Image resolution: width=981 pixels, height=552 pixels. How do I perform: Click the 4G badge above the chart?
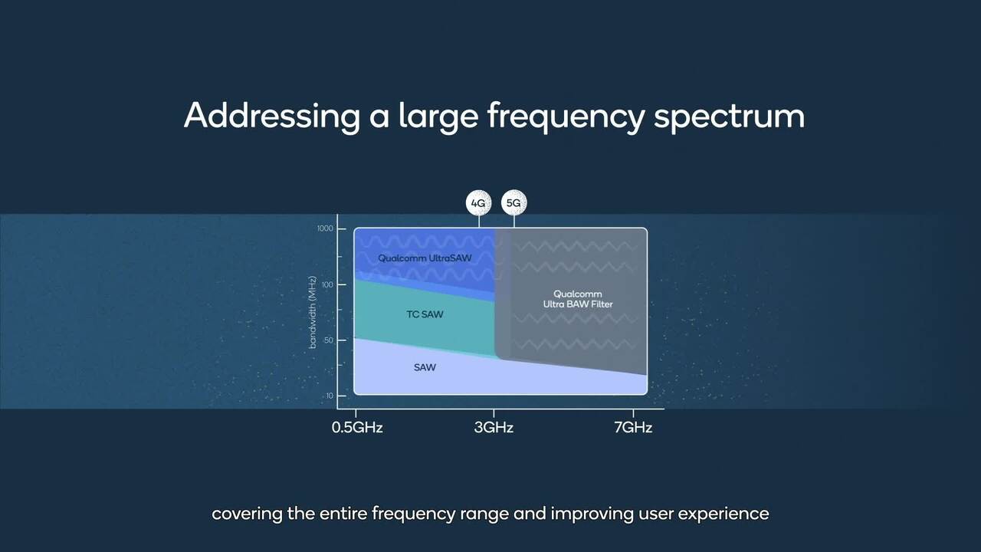[478, 203]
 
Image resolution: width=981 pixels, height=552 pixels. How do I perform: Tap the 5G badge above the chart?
[514, 203]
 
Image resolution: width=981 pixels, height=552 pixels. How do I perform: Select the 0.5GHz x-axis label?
[357, 427]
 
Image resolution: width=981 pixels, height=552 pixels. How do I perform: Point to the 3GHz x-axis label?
[494, 427]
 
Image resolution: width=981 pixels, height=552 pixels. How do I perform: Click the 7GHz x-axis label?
[633, 427]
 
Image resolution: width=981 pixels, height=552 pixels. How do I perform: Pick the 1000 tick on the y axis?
[325, 228]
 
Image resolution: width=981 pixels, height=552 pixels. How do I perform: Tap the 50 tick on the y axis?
[328, 340]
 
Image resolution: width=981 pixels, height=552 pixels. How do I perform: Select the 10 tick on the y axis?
[330, 396]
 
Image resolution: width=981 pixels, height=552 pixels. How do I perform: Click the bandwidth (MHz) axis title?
[313, 313]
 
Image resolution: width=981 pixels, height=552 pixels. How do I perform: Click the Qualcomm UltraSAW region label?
[425, 258]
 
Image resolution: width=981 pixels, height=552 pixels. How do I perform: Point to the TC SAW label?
[425, 314]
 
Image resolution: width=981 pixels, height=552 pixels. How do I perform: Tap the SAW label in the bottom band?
[425, 367]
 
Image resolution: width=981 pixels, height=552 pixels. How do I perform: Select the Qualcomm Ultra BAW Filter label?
[577, 299]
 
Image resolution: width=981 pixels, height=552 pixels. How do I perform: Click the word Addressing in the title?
[271, 116]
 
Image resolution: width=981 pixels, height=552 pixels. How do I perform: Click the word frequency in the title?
[566, 116]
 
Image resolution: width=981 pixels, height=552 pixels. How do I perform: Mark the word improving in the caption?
[592, 513]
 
